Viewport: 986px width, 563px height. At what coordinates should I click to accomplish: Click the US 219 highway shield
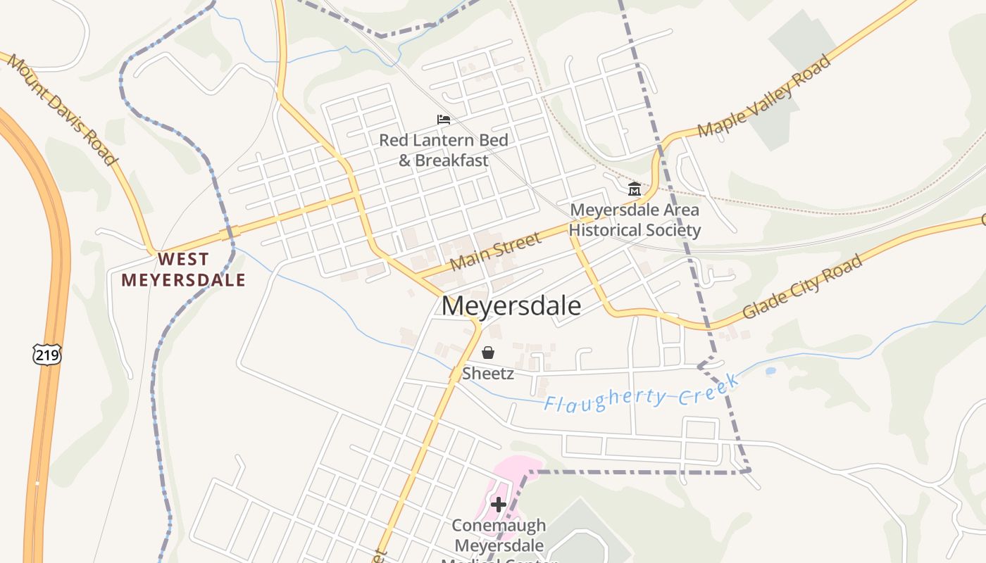(46, 355)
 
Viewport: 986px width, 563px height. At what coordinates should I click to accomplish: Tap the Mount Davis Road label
(62, 110)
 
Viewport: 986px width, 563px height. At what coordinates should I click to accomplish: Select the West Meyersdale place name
(183, 270)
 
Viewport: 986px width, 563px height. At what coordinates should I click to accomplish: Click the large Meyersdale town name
(511, 306)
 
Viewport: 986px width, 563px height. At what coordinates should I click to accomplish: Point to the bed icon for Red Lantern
(444, 120)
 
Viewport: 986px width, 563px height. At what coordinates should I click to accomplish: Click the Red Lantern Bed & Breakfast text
(444, 150)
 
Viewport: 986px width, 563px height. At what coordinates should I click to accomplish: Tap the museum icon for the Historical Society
(634, 189)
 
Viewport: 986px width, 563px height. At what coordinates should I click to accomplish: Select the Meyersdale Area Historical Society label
(635, 220)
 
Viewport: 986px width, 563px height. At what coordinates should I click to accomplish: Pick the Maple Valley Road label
(764, 96)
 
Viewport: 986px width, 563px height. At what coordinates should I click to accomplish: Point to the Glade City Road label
(802, 286)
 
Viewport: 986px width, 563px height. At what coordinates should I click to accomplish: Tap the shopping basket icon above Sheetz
(487, 353)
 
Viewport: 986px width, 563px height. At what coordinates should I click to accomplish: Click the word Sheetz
(487, 374)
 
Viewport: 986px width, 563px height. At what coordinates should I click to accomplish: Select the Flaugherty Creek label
(642, 394)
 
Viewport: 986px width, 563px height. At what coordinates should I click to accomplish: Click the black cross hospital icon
(499, 504)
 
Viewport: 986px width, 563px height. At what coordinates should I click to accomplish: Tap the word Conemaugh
(499, 526)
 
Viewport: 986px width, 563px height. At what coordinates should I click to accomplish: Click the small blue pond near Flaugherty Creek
(770, 370)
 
